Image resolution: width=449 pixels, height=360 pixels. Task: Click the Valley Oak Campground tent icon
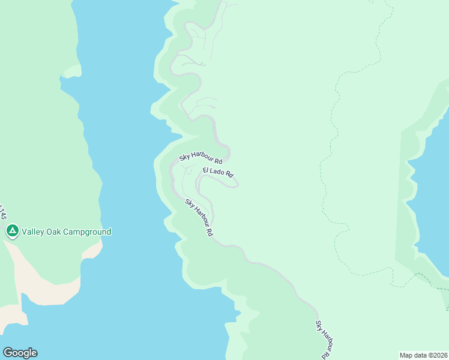12,231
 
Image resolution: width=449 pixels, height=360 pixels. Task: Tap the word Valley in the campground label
34,232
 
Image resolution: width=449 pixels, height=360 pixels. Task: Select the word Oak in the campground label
55,232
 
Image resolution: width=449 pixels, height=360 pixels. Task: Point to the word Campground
87,232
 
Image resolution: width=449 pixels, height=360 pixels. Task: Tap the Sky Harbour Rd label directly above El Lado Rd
201,159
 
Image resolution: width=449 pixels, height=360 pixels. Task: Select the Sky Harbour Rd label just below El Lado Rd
199,217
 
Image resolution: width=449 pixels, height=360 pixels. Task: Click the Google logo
20,353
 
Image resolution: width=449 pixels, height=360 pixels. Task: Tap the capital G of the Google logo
7,353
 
